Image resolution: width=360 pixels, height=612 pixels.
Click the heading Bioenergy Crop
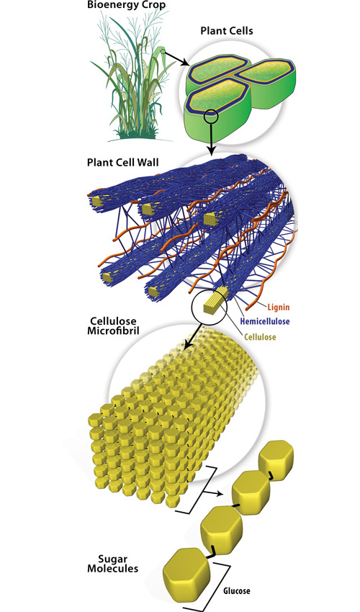[x=126, y=6]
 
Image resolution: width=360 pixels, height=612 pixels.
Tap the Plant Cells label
[x=227, y=31]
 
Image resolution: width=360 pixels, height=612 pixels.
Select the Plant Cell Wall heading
[x=122, y=163]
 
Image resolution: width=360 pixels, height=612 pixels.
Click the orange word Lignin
[x=279, y=307]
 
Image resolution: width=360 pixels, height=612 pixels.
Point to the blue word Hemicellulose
[x=265, y=322]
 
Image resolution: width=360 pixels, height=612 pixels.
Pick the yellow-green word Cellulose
[x=260, y=337]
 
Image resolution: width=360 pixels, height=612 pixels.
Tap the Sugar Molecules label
[x=112, y=564]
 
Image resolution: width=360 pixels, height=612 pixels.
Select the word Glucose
[x=237, y=590]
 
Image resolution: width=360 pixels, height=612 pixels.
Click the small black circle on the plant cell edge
[x=211, y=116]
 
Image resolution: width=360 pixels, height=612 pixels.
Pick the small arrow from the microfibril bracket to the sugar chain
[x=215, y=493]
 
